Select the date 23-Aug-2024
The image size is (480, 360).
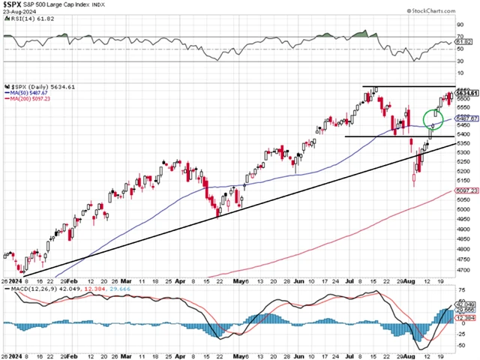pyautogui.click(x=17, y=15)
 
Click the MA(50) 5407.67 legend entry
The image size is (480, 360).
pyautogui.click(x=29, y=93)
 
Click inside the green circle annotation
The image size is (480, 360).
pyautogui.click(x=433, y=118)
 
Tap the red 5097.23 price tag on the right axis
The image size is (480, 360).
pyautogui.click(x=469, y=191)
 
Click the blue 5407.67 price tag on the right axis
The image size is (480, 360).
pyautogui.click(x=469, y=118)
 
